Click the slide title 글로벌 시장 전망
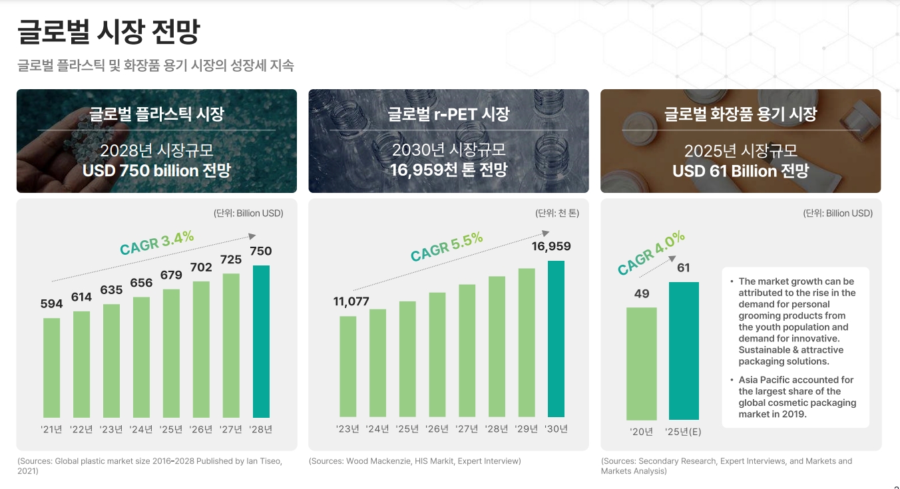pyautogui.click(x=108, y=32)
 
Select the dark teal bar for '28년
pyautogui.click(x=261, y=341)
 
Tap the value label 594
pyautogui.click(x=51, y=304)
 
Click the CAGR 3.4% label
pyautogui.click(x=156, y=242)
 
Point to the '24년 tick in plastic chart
pyautogui.click(x=141, y=429)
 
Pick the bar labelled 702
pyautogui.click(x=201, y=349)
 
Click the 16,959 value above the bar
pyautogui.click(x=551, y=247)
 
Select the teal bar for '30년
pyautogui.click(x=556, y=339)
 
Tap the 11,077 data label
pyautogui.click(x=351, y=301)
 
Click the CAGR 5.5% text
pyautogui.click(x=446, y=247)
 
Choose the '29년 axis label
pyautogui.click(x=527, y=429)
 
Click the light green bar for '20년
pyautogui.click(x=642, y=363)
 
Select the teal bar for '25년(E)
pyautogui.click(x=684, y=351)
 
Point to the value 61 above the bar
pyautogui.click(x=683, y=268)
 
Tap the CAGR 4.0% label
pyautogui.click(x=650, y=253)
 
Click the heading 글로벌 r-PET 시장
pyautogui.click(x=448, y=114)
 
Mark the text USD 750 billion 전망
pyautogui.click(x=156, y=171)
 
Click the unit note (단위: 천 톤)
pyautogui.click(x=557, y=214)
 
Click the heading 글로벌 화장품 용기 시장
pyautogui.click(x=740, y=114)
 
